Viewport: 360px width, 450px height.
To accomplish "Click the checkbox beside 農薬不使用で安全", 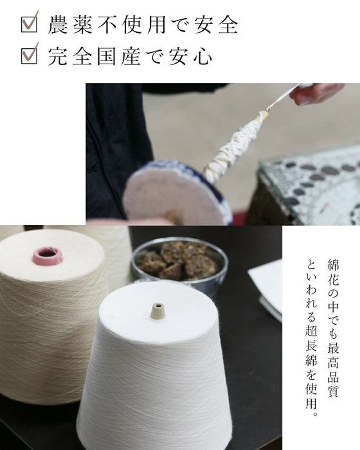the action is coord(30,24).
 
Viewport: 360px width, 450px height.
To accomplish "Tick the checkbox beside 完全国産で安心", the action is coord(30,56).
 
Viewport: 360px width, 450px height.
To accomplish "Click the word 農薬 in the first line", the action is coord(70,24).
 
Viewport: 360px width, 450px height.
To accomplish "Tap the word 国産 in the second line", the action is coord(118,57).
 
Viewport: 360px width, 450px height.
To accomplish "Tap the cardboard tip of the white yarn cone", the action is coord(158,310).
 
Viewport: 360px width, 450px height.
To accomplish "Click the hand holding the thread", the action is coord(316,93).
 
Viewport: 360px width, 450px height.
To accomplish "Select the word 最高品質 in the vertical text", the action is coord(333,370).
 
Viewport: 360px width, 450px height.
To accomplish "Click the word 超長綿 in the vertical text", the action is coord(311,346).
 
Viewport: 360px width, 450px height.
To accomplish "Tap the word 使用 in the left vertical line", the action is coord(311,395).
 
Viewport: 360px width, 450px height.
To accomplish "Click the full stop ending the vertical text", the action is coord(314,414).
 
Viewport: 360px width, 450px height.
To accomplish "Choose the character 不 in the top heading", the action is coord(107,24).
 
